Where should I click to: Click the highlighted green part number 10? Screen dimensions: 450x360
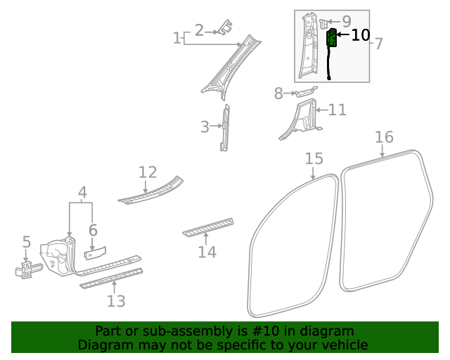tap(331, 37)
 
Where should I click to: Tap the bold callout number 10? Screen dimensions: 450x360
tap(361, 35)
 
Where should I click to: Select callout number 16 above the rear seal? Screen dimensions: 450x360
tap(385, 137)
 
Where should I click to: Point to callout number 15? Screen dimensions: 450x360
tap(314, 158)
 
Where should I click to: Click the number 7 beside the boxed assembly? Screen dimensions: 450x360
tap(379, 44)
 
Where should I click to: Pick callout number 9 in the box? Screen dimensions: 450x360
tap(347, 21)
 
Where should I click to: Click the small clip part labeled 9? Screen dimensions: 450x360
tap(323, 23)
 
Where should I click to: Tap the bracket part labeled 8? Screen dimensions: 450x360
tap(307, 91)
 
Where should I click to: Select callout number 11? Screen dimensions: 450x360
tap(337, 110)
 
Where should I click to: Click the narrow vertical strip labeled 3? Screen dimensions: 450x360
tap(225, 128)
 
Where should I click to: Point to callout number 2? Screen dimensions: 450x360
tap(199, 30)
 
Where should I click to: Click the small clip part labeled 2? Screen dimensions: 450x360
tap(225, 27)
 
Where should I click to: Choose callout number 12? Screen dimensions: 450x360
tap(148, 172)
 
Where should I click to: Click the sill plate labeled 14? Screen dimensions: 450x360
tap(208, 227)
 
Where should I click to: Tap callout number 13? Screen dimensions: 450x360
tap(116, 301)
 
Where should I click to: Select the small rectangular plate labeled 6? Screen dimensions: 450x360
tap(95, 253)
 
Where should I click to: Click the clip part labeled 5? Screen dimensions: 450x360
tap(28, 269)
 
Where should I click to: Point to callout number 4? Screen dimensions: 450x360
tap(82, 193)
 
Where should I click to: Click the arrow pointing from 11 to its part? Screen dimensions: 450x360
tap(321, 110)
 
